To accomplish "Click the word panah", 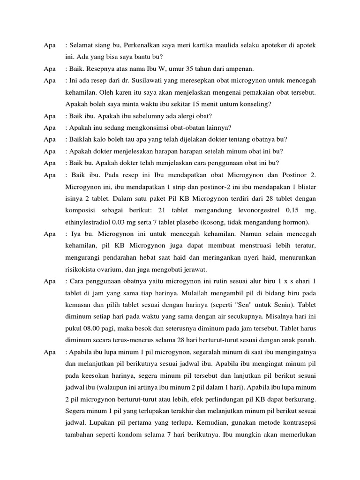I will (306, 340).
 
